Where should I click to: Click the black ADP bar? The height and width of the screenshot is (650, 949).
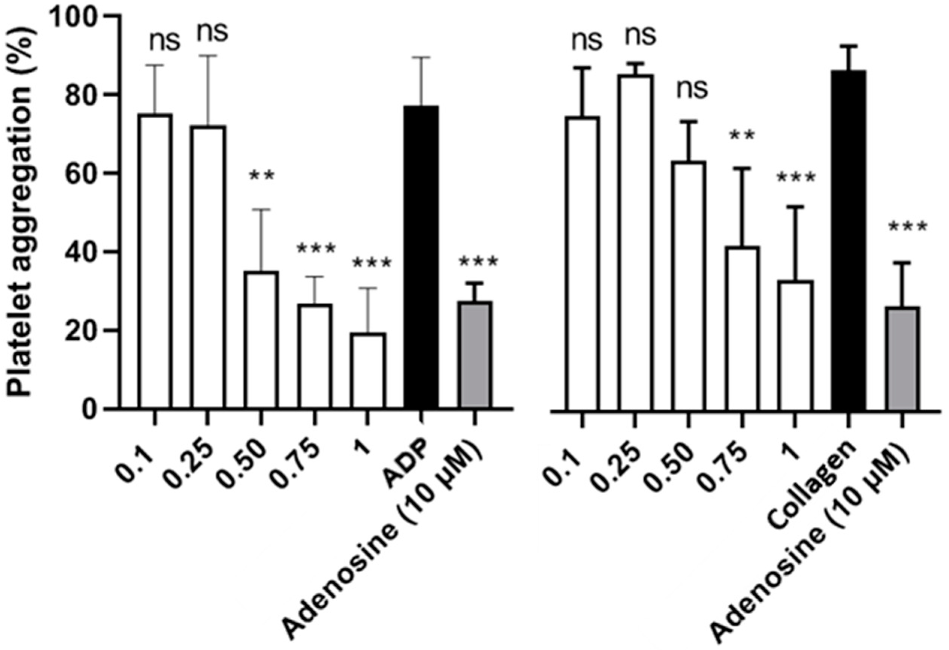click(422, 257)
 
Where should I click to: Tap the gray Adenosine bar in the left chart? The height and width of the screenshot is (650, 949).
click(475, 355)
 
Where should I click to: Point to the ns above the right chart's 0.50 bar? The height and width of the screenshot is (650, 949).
click(692, 89)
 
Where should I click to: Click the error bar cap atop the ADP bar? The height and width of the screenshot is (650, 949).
click(422, 57)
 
